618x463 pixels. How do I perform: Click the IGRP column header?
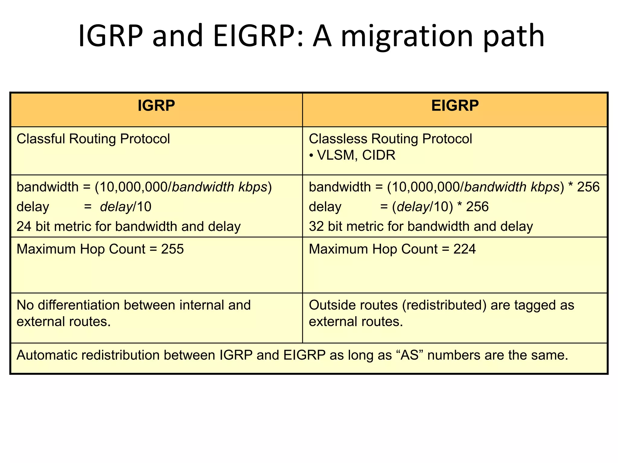156,106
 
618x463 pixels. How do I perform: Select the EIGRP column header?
455,106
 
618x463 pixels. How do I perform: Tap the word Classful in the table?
40,139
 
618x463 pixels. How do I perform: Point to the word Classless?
338,139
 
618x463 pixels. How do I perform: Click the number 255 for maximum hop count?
172,249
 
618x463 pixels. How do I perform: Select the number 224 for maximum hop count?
464,249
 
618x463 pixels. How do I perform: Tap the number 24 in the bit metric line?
24,226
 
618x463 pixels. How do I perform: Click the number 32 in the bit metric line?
316,226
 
